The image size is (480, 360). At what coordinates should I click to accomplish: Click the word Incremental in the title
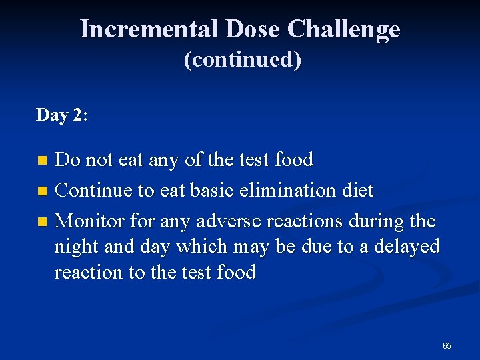[x=149, y=29]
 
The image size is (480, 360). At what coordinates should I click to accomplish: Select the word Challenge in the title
[x=344, y=29]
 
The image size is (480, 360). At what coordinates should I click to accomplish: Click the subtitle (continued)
[x=242, y=60]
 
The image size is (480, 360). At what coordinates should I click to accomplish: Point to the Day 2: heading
[x=62, y=115]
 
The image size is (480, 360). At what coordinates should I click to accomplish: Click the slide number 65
[x=447, y=346]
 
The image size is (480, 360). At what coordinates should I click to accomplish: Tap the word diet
[x=358, y=191]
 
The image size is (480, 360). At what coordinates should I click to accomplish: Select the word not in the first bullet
[x=99, y=160]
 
